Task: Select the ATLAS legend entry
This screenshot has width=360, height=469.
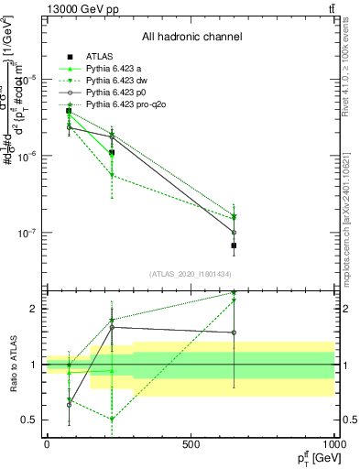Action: coord(99,58)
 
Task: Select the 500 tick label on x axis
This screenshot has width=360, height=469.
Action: coord(191,444)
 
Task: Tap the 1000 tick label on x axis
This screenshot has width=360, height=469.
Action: coord(333,444)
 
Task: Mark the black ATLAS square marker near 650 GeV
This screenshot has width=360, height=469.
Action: coord(234,245)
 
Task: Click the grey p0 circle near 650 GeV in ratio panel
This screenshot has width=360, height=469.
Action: coord(234,333)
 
